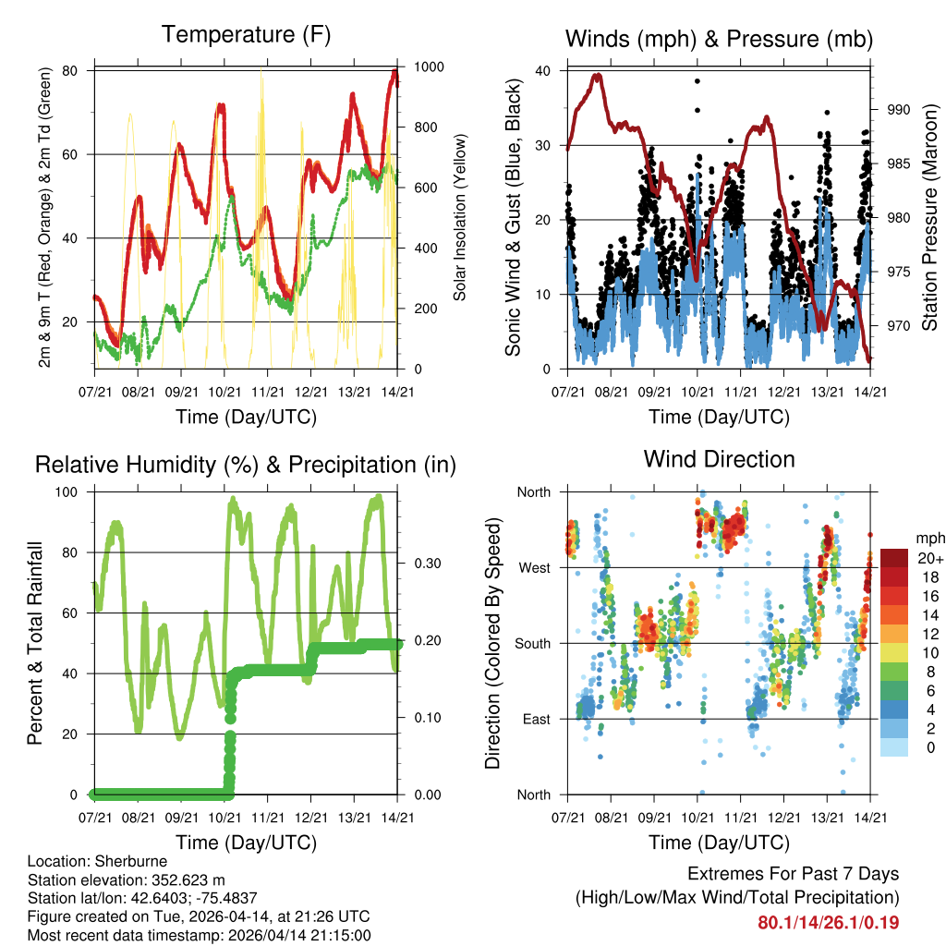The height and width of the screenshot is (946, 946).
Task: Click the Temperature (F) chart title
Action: click(x=246, y=35)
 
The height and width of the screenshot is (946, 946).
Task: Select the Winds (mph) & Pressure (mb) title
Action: click(x=719, y=39)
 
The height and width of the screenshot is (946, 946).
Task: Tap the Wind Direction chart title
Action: click(x=719, y=459)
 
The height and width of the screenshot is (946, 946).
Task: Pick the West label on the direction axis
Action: click(x=534, y=567)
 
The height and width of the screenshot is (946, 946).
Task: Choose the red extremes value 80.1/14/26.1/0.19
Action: click(x=828, y=923)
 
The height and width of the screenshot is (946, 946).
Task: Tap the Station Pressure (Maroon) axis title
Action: click(x=929, y=218)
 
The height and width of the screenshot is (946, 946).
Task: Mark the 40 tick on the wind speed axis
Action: click(x=543, y=71)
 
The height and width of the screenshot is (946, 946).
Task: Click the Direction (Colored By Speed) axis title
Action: click(x=493, y=643)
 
